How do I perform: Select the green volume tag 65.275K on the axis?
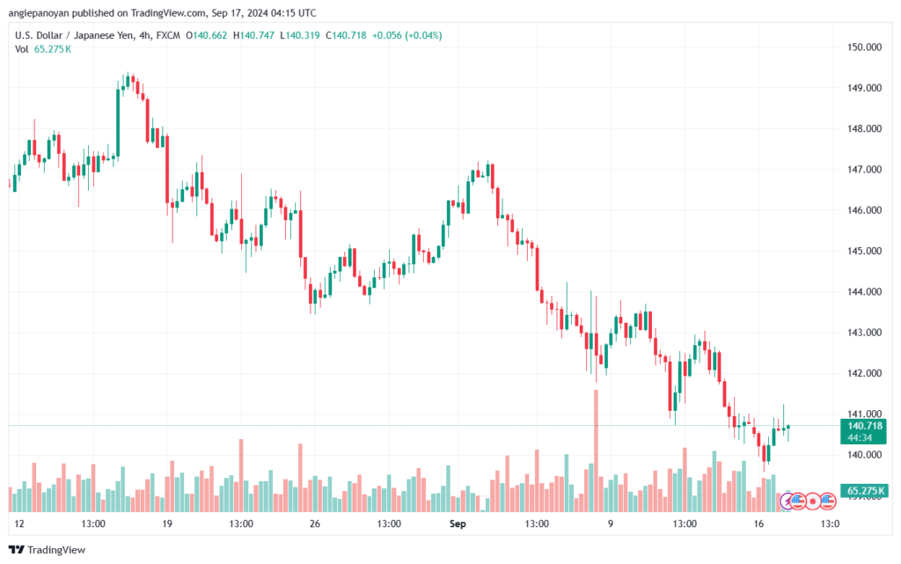pyautogui.click(x=865, y=490)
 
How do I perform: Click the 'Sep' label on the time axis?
pyautogui.click(x=457, y=524)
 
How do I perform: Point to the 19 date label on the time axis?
pyautogui.click(x=167, y=524)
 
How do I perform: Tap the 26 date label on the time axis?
pyautogui.click(x=313, y=524)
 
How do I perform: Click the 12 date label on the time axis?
pyautogui.click(x=19, y=524)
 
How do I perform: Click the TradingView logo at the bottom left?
pyautogui.click(x=48, y=550)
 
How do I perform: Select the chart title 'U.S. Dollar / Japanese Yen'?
pyautogui.click(x=79, y=35)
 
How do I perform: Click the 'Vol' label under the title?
pyautogui.click(x=22, y=49)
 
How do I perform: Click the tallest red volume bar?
pyautogui.click(x=596, y=450)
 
